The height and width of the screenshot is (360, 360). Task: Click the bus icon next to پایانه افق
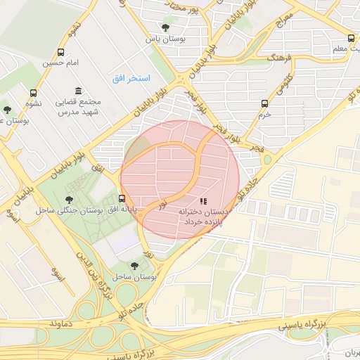tap(122, 198)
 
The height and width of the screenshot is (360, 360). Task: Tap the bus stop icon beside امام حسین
tap(61, 53)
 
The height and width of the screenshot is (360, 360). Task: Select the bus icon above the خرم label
tap(265, 103)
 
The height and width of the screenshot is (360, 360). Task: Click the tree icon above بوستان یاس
tap(165, 28)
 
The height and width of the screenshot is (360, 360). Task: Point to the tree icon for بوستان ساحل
tap(134, 266)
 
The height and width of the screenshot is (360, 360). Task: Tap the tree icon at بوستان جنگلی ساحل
tap(67, 200)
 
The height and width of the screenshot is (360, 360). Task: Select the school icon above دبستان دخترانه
tap(203, 201)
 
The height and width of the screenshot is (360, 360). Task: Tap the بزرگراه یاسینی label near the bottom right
tap(302, 326)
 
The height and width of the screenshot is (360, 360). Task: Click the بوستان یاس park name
tap(159, 40)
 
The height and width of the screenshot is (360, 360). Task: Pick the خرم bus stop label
tap(264, 113)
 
